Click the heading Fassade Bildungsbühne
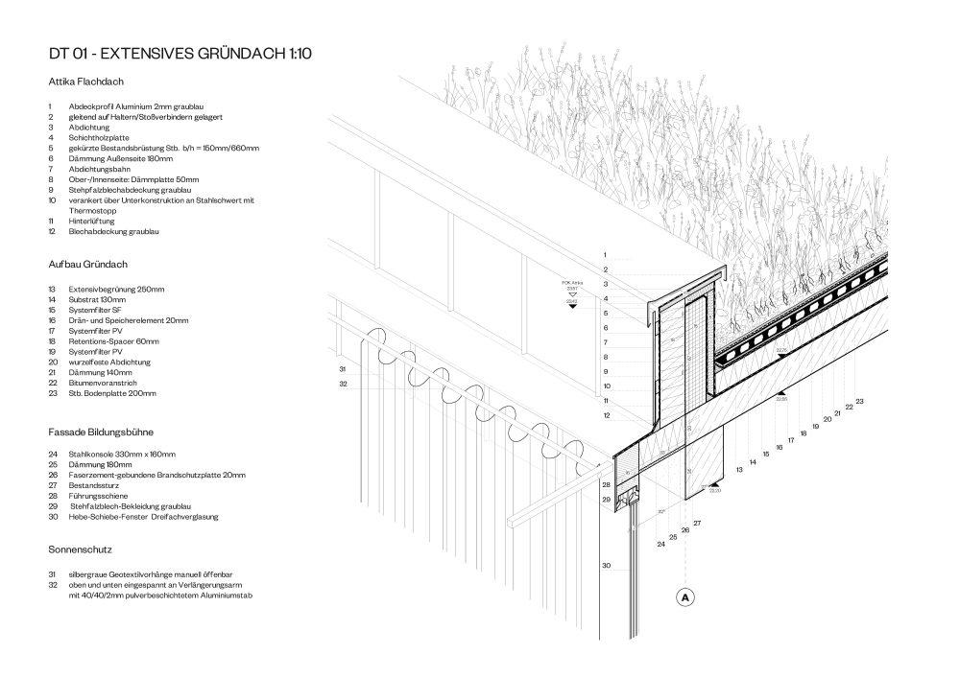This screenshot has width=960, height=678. tap(101, 432)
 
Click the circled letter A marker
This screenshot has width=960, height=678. tap(685, 597)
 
